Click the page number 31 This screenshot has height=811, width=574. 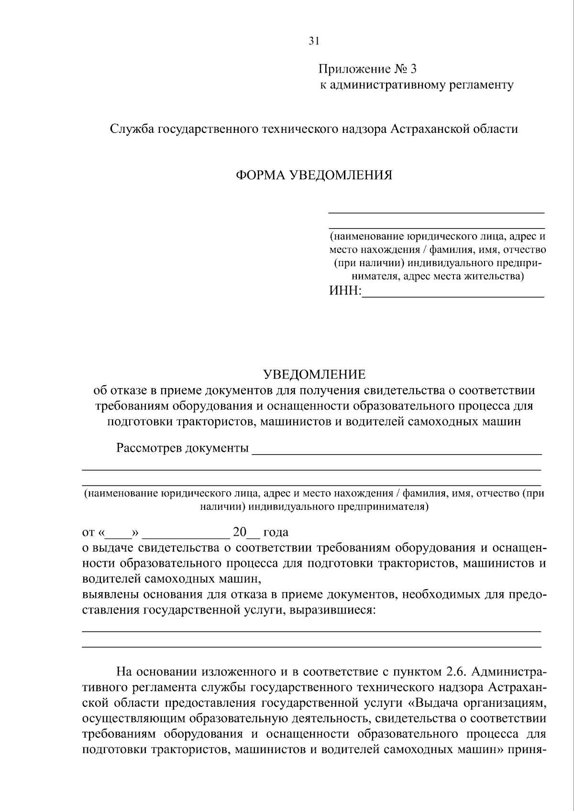(313, 41)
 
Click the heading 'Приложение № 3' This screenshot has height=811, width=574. (368, 69)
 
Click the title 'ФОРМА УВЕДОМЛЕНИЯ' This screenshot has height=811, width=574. (314, 175)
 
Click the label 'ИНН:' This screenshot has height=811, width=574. (345, 291)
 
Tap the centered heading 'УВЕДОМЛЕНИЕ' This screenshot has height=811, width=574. (314, 374)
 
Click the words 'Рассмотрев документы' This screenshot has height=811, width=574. (182, 448)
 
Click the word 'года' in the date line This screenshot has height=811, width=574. (276, 532)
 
